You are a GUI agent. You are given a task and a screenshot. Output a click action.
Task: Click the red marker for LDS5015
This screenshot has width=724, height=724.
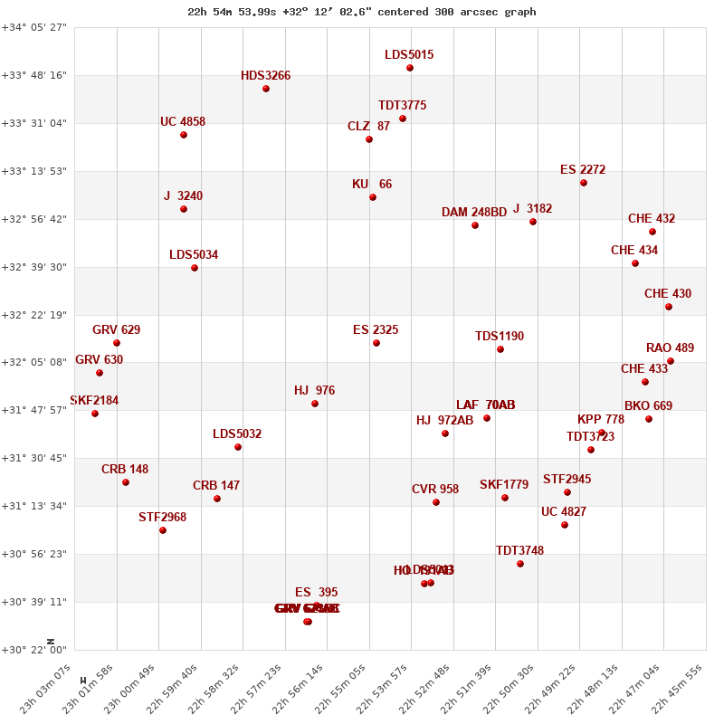[410, 68]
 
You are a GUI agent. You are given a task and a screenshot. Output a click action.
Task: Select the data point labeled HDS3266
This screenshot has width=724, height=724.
[266, 89]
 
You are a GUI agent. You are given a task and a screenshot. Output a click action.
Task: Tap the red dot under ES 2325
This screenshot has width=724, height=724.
[376, 343]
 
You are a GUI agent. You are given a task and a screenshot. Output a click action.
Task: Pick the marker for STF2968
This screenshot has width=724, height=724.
[163, 530]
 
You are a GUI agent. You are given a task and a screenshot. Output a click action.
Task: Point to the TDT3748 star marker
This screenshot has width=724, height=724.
[520, 564]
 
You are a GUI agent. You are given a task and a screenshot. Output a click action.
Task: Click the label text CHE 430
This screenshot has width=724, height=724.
[668, 294]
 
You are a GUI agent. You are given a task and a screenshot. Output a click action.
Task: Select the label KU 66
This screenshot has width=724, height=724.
[372, 185]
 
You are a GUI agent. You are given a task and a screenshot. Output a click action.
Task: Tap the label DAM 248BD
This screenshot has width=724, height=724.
[474, 213]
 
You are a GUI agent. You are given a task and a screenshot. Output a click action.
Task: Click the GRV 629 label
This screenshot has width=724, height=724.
[117, 330]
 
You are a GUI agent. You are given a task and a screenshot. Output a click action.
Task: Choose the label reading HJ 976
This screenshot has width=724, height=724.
[315, 391]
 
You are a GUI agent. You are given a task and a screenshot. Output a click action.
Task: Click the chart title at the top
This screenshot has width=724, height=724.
[362, 12]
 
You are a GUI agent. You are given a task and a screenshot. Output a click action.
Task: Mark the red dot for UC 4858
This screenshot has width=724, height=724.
[184, 135]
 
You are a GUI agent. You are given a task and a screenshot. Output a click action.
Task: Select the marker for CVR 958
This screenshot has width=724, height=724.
[436, 502]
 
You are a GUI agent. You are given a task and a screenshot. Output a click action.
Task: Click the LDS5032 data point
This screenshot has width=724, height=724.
[238, 447]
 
